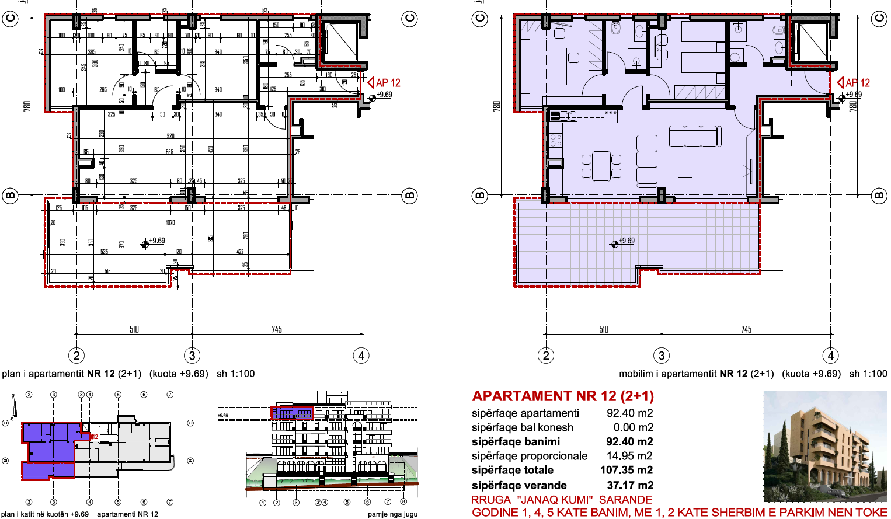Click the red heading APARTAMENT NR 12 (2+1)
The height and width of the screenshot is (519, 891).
[x=563, y=396]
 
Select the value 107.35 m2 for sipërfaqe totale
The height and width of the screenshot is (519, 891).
[x=627, y=471]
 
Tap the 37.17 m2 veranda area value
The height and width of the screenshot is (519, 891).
[x=629, y=486]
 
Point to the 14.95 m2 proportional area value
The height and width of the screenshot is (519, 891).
[x=629, y=456]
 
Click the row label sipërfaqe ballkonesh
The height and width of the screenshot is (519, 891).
[x=522, y=427]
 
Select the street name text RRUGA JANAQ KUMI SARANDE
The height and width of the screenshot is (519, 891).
[x=561, y=500]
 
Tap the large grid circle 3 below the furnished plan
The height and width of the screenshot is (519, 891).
[x=661, y=356]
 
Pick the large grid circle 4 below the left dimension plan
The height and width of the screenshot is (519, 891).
[x=361, y=356]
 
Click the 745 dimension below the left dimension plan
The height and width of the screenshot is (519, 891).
[x=277, y=330]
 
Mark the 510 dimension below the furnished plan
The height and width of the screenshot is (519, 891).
[x=604, y=330]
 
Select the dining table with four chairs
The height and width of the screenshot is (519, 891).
[x=601, y=166]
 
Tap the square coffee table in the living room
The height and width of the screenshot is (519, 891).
[x=684, y=168]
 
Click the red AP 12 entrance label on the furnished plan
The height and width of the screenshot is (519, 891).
[x=857, y=83]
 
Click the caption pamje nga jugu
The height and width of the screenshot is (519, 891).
[x=392, y=514]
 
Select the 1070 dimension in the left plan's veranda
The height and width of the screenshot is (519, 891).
[x=170, y=222]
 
